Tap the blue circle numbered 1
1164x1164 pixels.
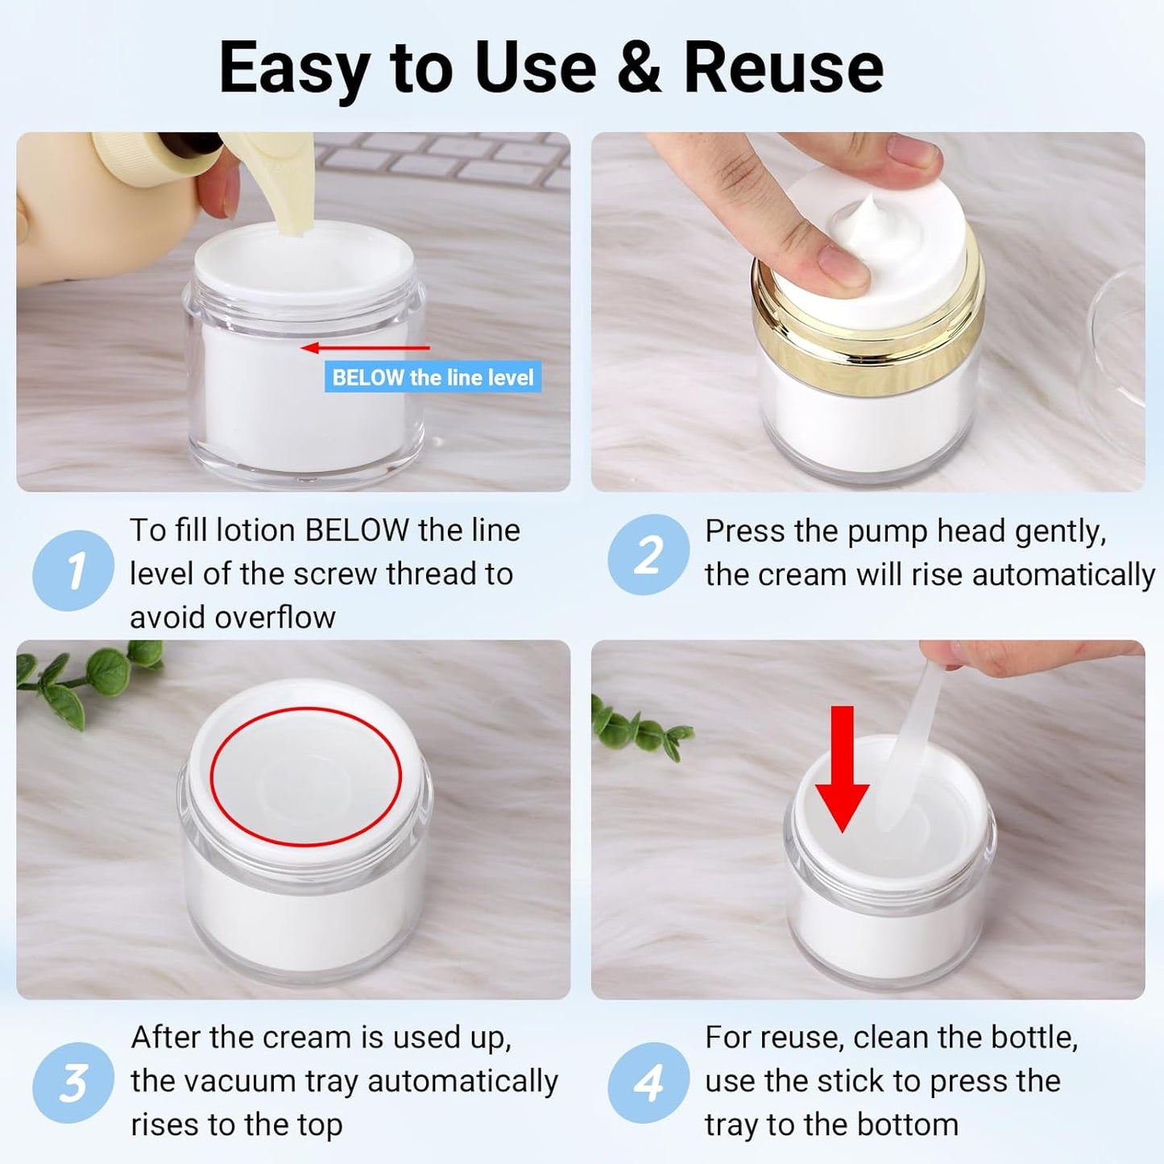pyautogui.click(x=73, y=570)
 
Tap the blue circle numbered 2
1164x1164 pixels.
pyautogui.click(x=648, y=555)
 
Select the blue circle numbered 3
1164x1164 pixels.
pyautogui.click(x=73, y=1083)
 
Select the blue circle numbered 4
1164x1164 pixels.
pyautogui.click(x=648, y=1083)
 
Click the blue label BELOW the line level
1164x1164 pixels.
pyautogui.click(x=433, y=378)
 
